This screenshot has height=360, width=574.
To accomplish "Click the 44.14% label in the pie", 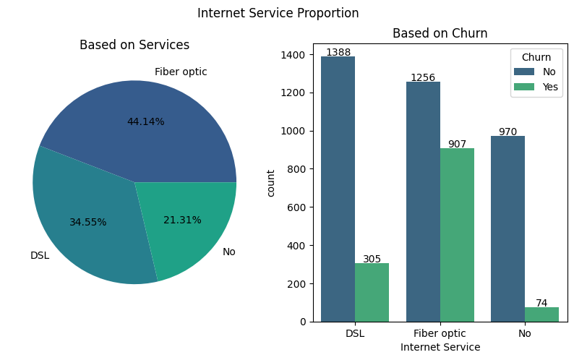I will pyautogui.click(x=145, y=121).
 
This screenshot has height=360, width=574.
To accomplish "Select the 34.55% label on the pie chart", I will pyautogui.click(x=87, y=222).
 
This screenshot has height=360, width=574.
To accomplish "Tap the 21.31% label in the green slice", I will pyautogui.click(x=182, y=220).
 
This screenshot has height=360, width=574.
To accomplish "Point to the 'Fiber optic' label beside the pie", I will pyautogui.click(x=181, y=72).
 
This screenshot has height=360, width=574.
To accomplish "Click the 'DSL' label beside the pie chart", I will pyautogui.click(x=40, y=255).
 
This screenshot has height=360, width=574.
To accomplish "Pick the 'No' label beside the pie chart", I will pyautogui.click(x=228, y=252).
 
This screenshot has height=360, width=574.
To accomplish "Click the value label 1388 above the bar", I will pyautogui.click(x=338, y=52).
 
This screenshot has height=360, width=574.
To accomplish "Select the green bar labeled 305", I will pyautogui.click(x=372, y=292).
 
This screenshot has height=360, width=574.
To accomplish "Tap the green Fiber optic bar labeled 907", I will pyautogui.click(x=457, y=235).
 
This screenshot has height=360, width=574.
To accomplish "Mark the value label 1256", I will pyautogui.click(x=422, y=77).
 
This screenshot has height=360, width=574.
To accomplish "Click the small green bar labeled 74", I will pyautogui.click(x=541, y=314).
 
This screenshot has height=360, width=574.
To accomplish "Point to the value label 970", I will pyautogui.click(x=507, y=132).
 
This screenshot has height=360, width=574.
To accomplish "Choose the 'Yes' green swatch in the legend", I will pyautogui.click(x=524, y=87).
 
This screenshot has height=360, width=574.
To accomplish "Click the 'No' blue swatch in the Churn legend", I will pyautogui.click(x=524, y=72).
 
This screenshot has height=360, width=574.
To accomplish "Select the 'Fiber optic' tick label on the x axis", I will pyautogui.click(x=440, y=333).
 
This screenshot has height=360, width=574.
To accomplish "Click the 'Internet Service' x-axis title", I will pyautogui.click(x=440, y=347).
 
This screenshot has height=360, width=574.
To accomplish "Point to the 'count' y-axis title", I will pyautogui.click(x=271, y=183).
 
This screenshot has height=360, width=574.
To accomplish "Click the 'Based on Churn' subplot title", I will pyautogui.click(x=440, y=33).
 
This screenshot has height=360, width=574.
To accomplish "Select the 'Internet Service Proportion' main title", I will pyautogui.click(x=278, y=13).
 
